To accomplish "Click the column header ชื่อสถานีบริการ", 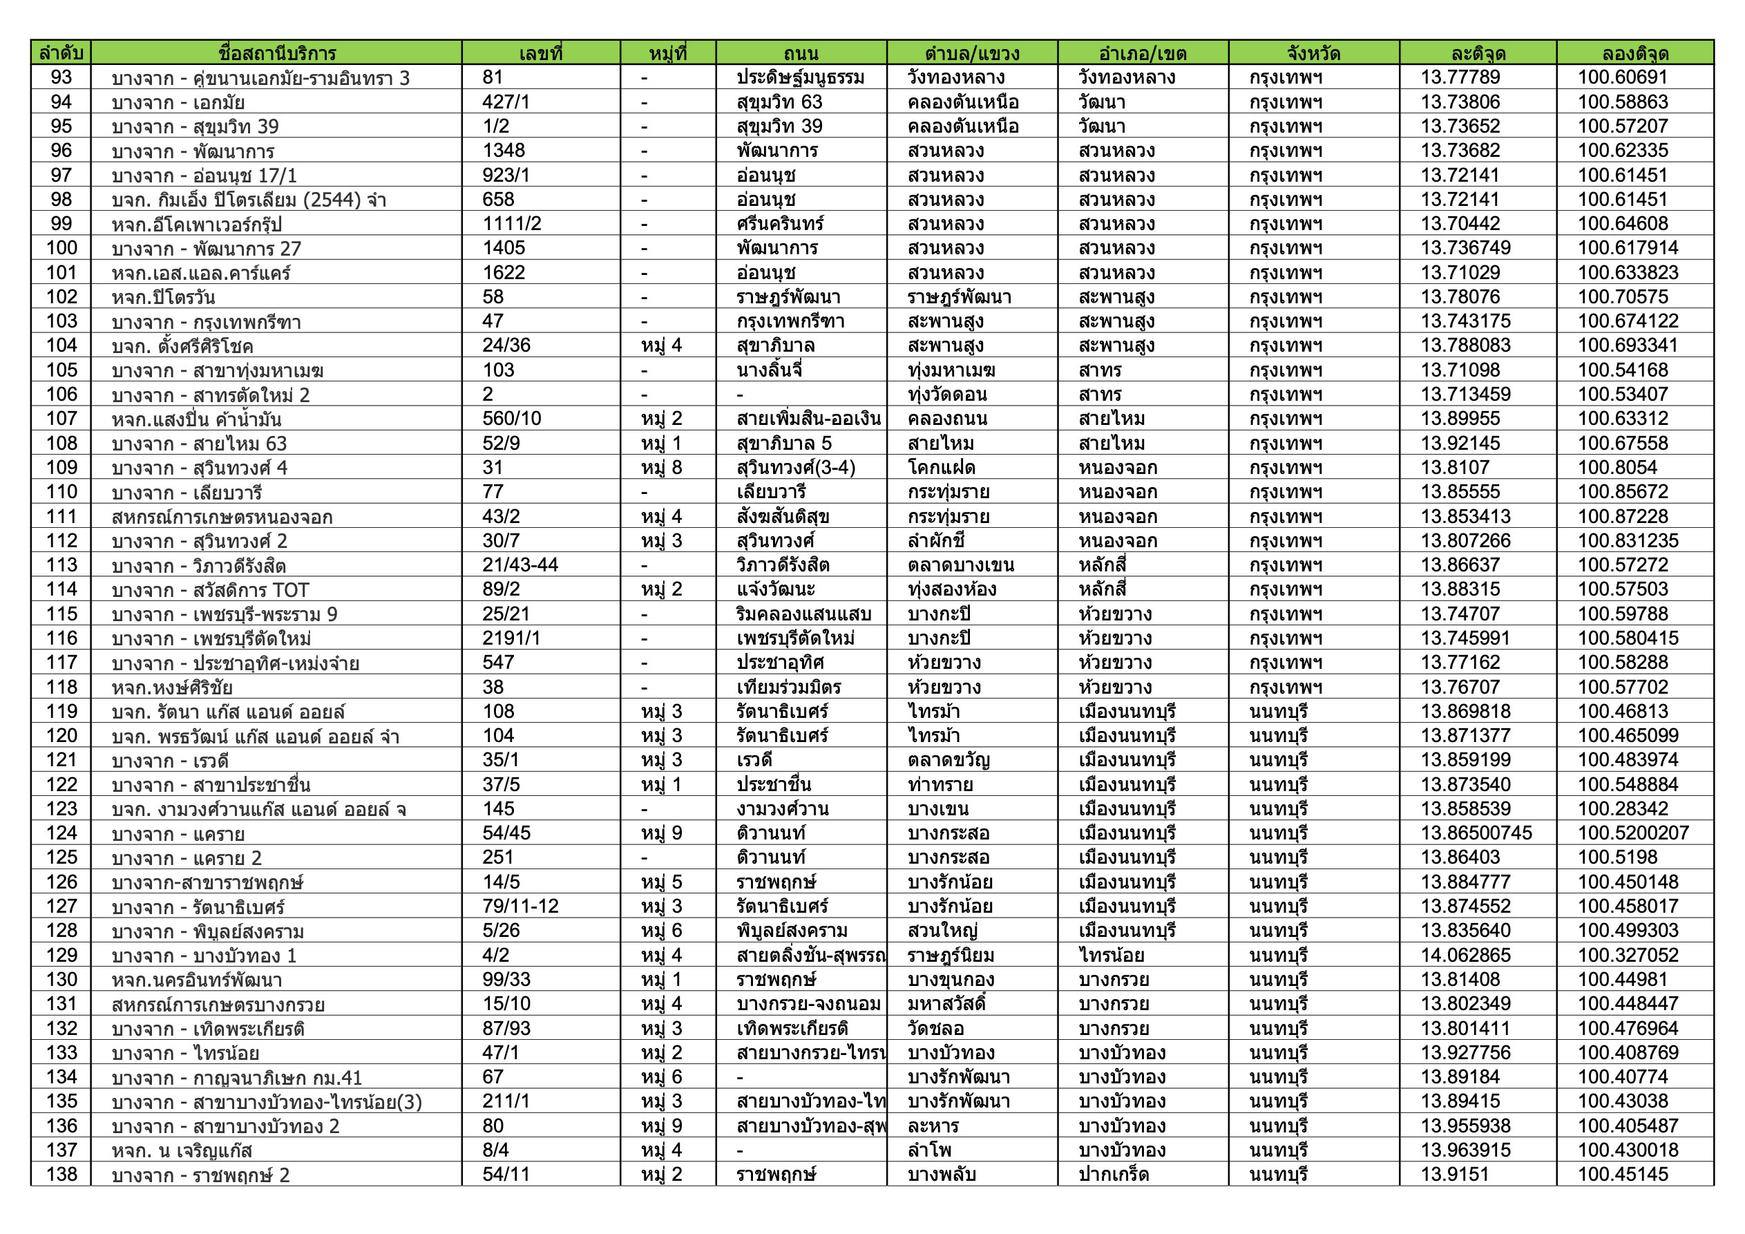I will point(276,53).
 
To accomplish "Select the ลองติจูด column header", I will point(1634,53).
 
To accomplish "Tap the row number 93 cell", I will point(61,77).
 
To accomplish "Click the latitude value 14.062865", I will point(1465,955).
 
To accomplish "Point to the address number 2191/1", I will point(511,638).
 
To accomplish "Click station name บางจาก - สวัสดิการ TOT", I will point(210,590).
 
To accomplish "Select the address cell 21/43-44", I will point(520,565).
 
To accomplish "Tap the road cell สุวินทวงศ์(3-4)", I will point(795,468).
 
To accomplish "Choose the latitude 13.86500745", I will point(1476,833).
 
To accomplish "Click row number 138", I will point(61,1174).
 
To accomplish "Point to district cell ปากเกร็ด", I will point(1113,1174).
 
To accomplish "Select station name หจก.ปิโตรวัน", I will point(164,297).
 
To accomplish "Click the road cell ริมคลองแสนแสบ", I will point(803,614).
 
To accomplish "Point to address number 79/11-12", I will point(520,906).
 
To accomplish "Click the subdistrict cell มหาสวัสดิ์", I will point(946,1004).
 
